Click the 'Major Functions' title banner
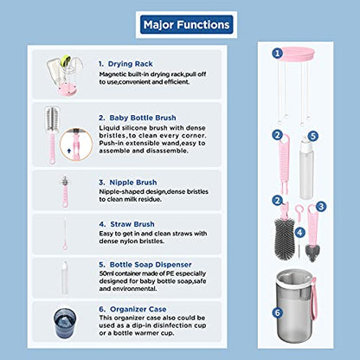[186, 24]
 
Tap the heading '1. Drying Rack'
[125, 64]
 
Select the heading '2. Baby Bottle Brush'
[138, 118]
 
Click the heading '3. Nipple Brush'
[128, 183]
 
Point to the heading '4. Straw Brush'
[126, 224]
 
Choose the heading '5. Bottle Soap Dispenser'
[145, 265]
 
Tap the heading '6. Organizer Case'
[132, 309]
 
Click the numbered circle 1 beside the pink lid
[278, 53]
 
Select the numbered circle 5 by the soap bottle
[313, 136]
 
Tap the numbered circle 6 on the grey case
[278, 312]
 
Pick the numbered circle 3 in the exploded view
[321, 206]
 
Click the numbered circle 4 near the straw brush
[300, 232]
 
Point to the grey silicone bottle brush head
[285, 239]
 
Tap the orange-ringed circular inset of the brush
[76, 145]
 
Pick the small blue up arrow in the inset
[68, 151]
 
